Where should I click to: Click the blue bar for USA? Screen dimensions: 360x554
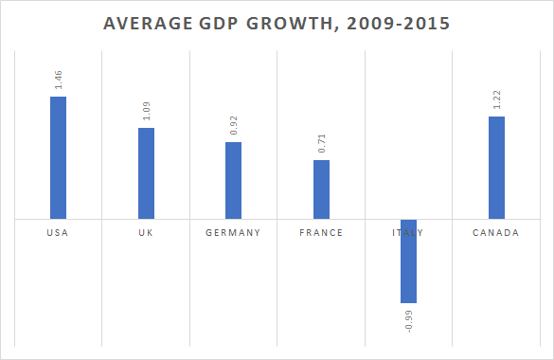(58, 157)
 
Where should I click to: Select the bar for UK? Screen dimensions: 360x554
(146, 173)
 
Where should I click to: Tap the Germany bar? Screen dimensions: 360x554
(233, 180)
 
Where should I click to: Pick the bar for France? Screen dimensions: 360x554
(321, 189)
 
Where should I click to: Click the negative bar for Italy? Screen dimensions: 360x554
(408, 261)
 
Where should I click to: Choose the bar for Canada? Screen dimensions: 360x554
(496, 168)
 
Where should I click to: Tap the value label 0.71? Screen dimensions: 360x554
(321, 144)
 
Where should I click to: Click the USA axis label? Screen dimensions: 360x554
(58, 233)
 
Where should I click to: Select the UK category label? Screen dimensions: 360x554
(146, 233)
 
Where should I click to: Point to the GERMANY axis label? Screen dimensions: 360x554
(233, 233)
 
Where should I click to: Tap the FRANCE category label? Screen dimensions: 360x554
(321, 233)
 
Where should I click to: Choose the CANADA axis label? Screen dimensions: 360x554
(496, 233)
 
